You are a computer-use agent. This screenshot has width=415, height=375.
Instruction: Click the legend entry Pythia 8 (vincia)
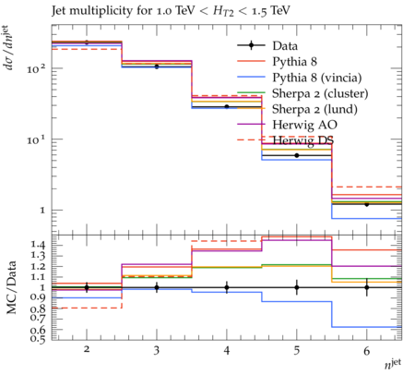(x=317, y=78)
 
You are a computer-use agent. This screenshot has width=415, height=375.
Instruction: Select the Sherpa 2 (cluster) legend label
(x=320, y=93)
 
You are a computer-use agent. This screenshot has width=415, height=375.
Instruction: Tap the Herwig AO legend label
(x=304, y=125)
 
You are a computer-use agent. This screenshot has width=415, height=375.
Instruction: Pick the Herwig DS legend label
(x=302, y=140)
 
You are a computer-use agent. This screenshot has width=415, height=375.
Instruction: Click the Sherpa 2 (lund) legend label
(x=314, y=109)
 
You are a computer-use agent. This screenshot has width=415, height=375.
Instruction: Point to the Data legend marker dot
(x=251, y=45)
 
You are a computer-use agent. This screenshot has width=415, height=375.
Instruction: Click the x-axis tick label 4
(x=227, y=350)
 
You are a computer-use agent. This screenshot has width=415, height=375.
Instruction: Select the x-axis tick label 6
(x=366, y=350)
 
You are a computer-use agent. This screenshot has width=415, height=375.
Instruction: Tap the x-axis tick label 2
(x=87, y=349)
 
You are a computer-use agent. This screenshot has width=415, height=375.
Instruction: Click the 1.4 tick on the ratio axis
(x=38, y=246)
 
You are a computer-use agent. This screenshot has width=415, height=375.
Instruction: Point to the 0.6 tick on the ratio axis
(x=38, y=330)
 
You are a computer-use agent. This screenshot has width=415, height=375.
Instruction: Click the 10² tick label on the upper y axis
(x=36, y=68)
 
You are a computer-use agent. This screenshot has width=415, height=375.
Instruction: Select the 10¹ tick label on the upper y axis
(x=36, y=139)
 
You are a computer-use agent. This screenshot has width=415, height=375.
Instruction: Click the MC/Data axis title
(x=11, y=287)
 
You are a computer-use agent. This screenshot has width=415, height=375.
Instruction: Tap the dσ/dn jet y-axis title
(x=10, y=48)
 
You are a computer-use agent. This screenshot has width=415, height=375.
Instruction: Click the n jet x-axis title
(x=393, y=364)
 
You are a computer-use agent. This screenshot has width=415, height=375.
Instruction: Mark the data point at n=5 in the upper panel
(x=297, y=155)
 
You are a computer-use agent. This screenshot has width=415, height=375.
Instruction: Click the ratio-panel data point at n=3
(x=157, y=287)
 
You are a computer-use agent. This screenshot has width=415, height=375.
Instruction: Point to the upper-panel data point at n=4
(x=227, y=106)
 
